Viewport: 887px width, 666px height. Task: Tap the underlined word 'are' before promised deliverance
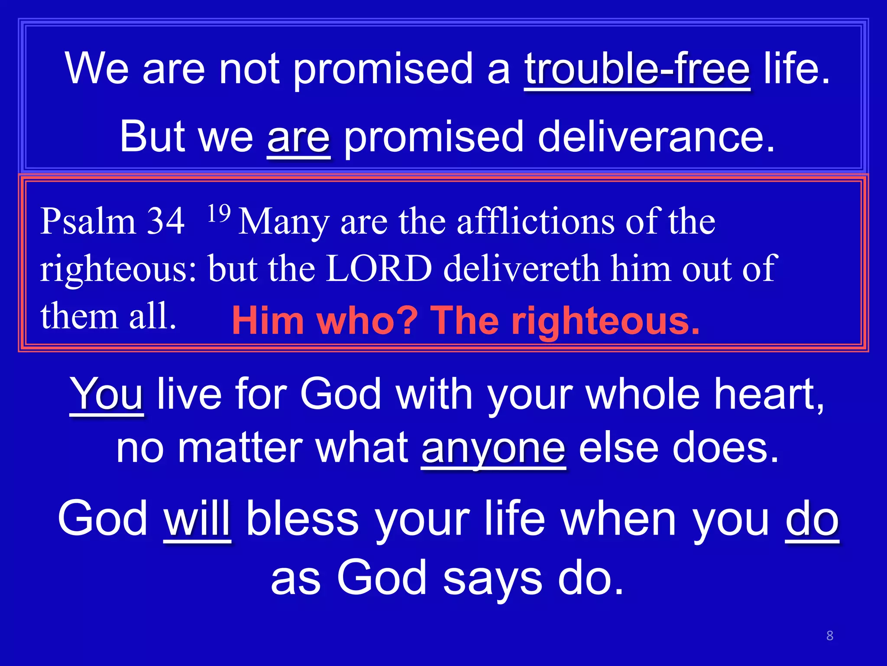coord(298,137)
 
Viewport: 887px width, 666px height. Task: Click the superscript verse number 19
coord(219,213)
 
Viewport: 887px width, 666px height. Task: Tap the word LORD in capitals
coord(379,268)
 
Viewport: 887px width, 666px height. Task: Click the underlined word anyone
coord(493,448)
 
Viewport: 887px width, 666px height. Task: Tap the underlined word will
coord(197,519)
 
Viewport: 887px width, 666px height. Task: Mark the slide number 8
coord(829,636)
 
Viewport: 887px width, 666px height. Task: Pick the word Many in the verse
coord(284,222)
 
